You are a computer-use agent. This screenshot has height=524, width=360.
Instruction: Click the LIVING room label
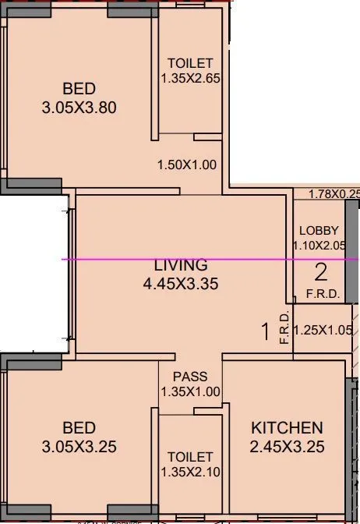(180, 265)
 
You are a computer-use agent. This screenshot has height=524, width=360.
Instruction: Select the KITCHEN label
(287, 428)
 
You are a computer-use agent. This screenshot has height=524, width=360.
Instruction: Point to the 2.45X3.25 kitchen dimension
(287, 447)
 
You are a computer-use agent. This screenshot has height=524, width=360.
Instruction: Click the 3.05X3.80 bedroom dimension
(79, 108)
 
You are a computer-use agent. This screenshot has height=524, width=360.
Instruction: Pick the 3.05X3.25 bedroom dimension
(79, 447)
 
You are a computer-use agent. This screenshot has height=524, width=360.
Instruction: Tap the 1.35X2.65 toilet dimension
(190, 79)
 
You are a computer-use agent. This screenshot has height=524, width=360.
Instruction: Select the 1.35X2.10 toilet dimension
(190, 472)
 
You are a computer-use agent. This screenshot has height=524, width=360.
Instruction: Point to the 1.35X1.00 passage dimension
(190, 392)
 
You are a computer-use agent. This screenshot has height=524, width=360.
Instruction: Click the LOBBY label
(319, 231)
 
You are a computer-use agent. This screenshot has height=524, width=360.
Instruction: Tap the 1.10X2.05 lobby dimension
(319, 246)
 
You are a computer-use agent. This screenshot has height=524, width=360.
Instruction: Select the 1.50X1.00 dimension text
(187, 165)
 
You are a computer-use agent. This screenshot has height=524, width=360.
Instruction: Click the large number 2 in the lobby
(320, 273)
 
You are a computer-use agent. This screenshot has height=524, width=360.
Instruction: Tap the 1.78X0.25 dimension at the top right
(334, 194)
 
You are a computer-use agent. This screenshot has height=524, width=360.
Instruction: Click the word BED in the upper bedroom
(79, 90)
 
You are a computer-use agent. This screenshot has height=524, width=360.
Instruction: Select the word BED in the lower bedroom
(79, 428)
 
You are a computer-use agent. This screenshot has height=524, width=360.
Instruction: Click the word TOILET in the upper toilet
(190, 64)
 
